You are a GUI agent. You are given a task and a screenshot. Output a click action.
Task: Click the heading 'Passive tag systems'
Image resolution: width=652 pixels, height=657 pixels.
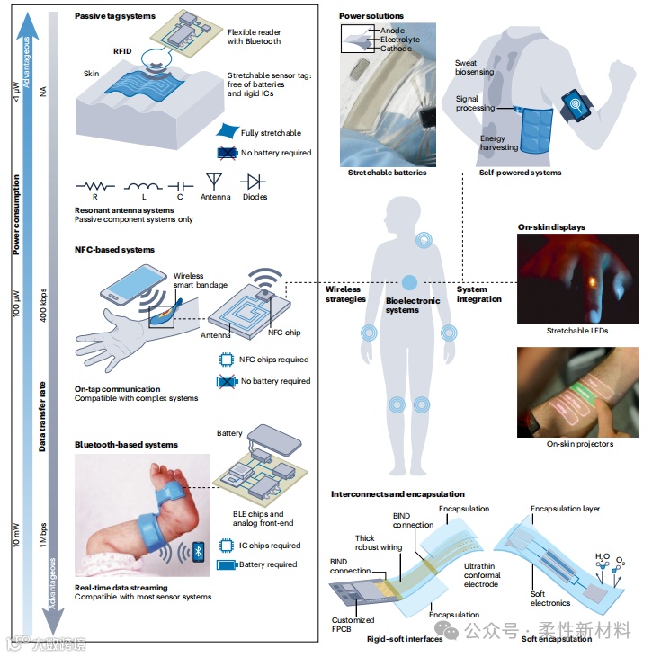115,16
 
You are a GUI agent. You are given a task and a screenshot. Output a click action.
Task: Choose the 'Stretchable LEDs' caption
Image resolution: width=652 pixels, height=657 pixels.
577,331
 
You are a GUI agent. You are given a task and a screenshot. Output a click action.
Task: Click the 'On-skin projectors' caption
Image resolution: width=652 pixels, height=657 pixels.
580,443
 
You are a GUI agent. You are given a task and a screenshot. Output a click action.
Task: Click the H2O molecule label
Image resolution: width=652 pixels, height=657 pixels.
600,558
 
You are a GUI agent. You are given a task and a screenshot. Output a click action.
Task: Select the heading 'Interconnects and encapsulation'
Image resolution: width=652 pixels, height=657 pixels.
397,493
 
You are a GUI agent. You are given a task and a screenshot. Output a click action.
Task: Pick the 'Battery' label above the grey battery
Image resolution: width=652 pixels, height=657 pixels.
229,433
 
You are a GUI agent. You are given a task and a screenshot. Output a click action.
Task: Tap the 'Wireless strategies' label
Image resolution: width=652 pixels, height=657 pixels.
346,294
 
